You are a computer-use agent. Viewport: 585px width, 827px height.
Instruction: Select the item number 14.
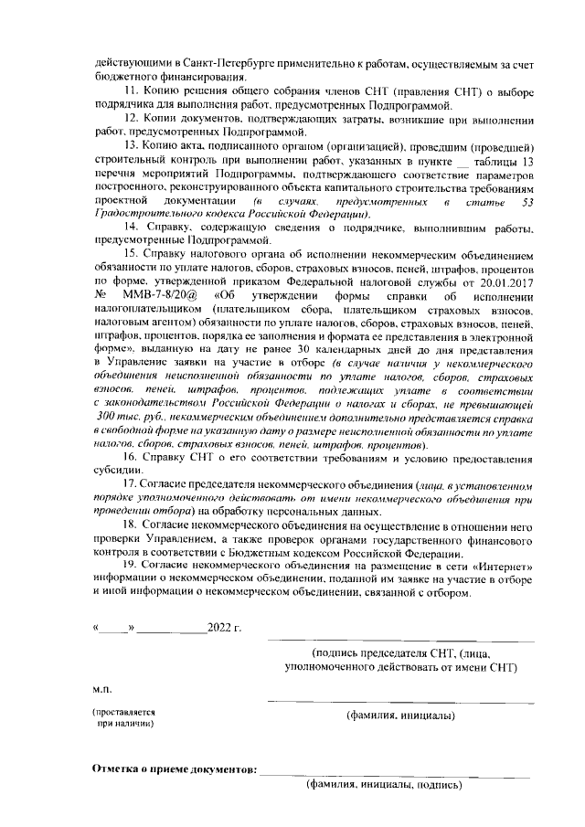132,227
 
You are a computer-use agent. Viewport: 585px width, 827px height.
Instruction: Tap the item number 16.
132,457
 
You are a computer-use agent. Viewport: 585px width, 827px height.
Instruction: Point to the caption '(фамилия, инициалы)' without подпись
400,716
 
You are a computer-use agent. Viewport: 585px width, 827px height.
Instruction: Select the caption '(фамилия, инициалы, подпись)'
384,784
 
